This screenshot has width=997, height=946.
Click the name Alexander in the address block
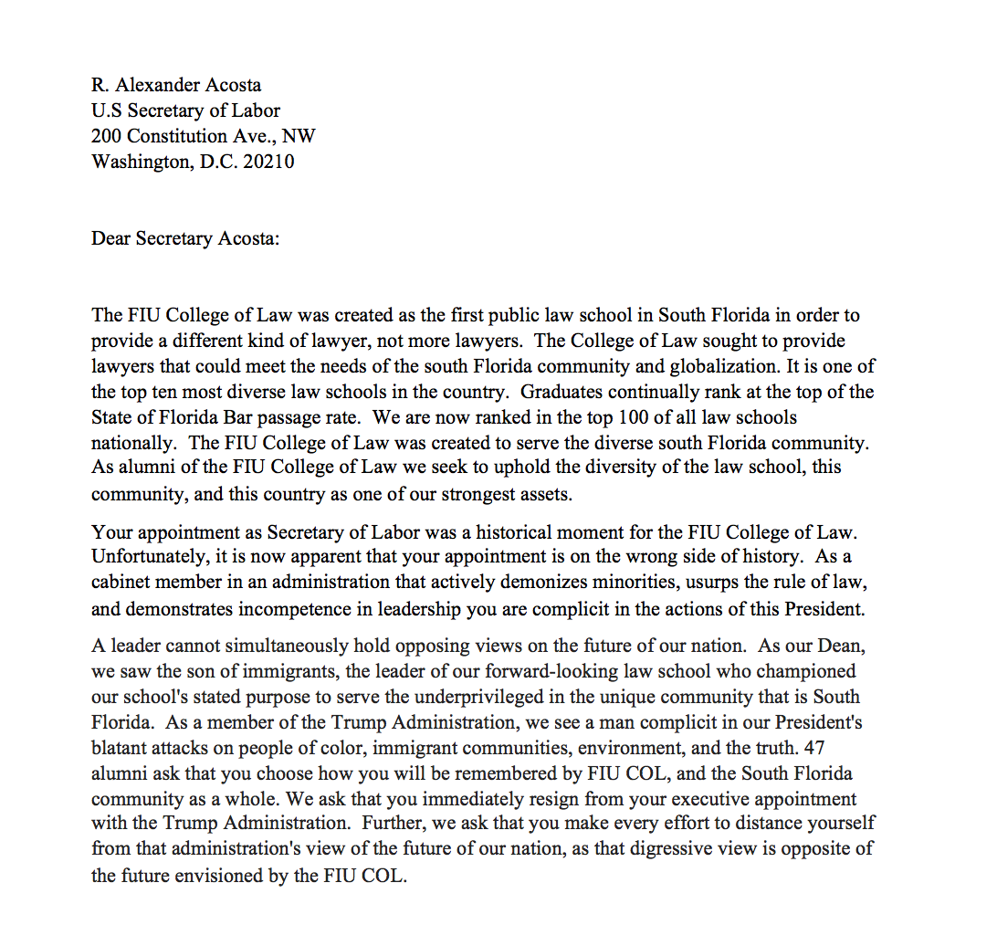[x=160, y=85]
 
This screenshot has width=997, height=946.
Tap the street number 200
[x=107, y=136]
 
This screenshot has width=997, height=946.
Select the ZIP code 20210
[x=268, y=162]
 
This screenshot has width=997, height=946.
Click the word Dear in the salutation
[x=110, y=238]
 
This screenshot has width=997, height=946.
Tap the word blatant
[x=119, y=748]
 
